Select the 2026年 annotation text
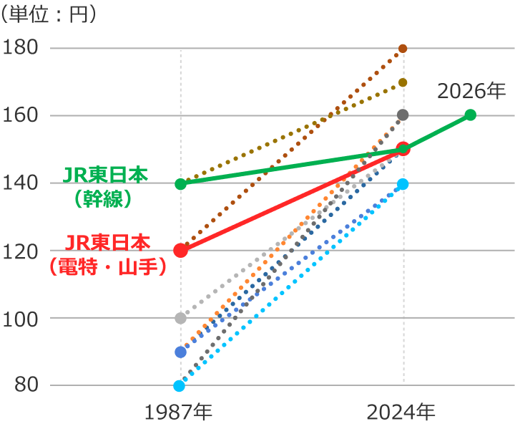[x=471, y=92]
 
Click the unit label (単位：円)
[x=49, y=15]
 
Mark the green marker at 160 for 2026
[x=470, y=115]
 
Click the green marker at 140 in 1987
[x=180, y=184]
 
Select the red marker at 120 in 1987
[x=180, y=251]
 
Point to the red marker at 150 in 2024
[x=403, y=149]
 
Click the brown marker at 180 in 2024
[x=403, y=49]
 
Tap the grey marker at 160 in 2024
[x=403, y=115]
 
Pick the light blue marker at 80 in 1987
[x=179, y=386]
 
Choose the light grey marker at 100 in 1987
[x=180, y=318]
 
